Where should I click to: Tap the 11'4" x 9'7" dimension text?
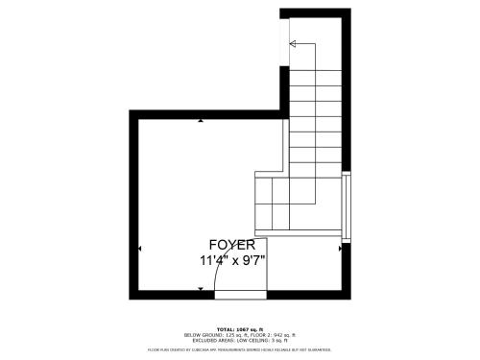[232, 260]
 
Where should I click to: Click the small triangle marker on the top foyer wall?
[201, 121]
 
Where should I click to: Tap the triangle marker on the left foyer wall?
[140, 250]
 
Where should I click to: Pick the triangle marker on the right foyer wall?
[340, 250]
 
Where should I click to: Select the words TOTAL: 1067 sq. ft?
[239, 329]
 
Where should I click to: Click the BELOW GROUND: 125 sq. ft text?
[210, 335]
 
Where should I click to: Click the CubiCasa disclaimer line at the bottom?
[239, 350]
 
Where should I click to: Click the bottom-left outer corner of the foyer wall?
[131, 299]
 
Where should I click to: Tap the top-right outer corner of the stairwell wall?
[350, 9]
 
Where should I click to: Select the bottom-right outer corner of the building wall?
[350, 299]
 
